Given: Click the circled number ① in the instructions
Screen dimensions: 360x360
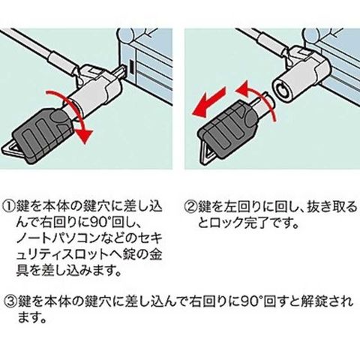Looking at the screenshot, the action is click(x=9, y=206).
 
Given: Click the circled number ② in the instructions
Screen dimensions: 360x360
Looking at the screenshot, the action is click(x=191, y=206).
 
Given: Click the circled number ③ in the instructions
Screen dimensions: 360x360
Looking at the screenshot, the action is click(x=10, y=301).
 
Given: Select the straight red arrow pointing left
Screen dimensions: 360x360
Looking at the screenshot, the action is click(x=208, y=102).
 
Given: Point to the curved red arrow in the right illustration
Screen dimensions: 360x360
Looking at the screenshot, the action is click(x=260, y=98).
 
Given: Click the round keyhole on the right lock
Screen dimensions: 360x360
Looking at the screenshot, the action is click(x=283, y=91).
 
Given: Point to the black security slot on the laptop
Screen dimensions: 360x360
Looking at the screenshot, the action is click(x=131, y=67).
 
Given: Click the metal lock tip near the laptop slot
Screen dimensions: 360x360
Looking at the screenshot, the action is click(x=122, y=71).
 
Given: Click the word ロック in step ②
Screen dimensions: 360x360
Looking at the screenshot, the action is click(x=226, y=222).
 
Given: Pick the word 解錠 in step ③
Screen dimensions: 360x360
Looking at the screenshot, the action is click(x=313, y=301).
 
